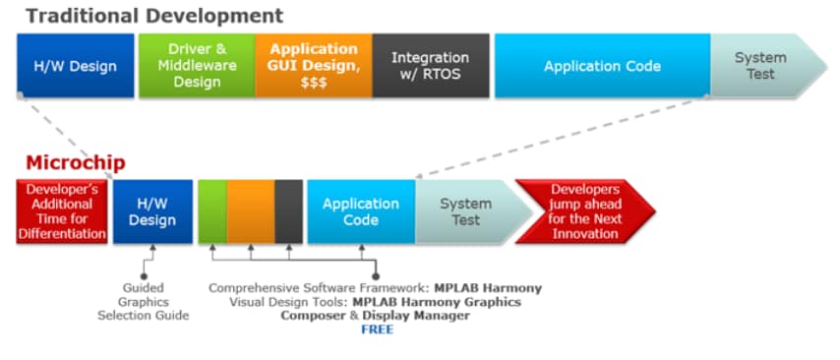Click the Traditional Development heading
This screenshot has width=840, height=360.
point(153,16)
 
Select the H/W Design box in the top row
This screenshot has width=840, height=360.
point(76,66)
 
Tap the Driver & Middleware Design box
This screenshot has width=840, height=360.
point(196,66)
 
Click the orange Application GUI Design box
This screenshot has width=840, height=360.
point(313,66)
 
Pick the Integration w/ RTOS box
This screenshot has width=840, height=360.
point(430,66)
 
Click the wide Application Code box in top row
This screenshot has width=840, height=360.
point(601,66)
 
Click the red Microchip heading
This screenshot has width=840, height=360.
point(76,163)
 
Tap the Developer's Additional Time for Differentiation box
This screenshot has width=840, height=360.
point(62,211)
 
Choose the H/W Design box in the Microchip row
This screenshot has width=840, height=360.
point(151,211)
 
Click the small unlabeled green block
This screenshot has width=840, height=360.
point(211,211)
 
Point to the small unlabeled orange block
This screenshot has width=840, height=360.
point(250,211)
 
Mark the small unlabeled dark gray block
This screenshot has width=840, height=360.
point(288,211)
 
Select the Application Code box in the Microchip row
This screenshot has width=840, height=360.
point(360,211)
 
